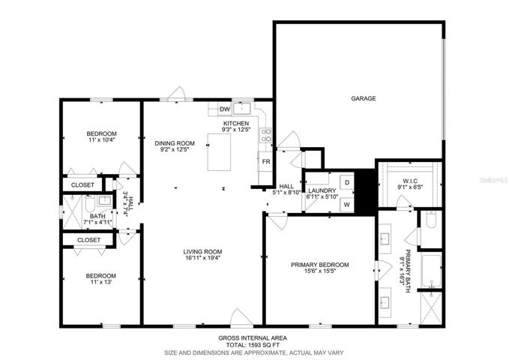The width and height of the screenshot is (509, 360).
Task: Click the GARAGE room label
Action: pyautogui.click(x=364, y=98)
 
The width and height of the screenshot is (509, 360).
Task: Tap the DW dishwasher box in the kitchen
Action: pyautogui.click(x=225, y=109)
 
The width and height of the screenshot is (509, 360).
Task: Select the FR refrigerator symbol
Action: pyautogui.click(x=266, y=161)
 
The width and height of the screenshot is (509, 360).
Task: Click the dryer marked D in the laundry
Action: pyautogui.click(x=347, y=182)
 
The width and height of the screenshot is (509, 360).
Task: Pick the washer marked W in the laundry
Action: pyautogui.click(x=347, y=205)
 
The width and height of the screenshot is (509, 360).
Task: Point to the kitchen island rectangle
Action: pyautogui.click(x=220, y=152)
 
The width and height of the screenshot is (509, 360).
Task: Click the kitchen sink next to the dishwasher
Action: pyautogui.click(x=242, y=109)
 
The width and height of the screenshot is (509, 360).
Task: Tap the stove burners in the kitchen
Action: pyautogui.click(x=265, y=136)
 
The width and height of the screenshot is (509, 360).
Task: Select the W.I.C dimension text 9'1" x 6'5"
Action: pyautogui.click(x=410, y=187)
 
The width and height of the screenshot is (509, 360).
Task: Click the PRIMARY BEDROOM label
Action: pyautogui.click(x=320, y=265)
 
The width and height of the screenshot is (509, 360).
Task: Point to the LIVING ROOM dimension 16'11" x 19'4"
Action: pyautogui.click(x=202, y=258)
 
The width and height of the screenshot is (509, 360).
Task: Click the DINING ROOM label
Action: pyautogui.click(x=175, y=143)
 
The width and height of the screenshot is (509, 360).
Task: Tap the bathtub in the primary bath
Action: pyautogui.click(x=431, y=271)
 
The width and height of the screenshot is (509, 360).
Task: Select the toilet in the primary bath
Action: pyautogui.click(x=431, y=220)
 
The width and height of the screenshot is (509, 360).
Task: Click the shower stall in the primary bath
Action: pyautogui.click(x=431, y=308)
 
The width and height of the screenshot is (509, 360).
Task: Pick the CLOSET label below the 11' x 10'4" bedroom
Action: pyautogui.click(x=82, y=184)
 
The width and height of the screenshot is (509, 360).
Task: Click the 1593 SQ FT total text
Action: pyautogui.click(x=264, y=345)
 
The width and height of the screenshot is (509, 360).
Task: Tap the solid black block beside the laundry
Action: pyautogui.click(x=366, y=192)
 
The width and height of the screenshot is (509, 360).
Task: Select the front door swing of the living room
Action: pyautogui.click(x=241, y=317)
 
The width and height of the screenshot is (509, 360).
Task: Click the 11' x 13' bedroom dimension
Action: pyautogui.click(x=102, y=282)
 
